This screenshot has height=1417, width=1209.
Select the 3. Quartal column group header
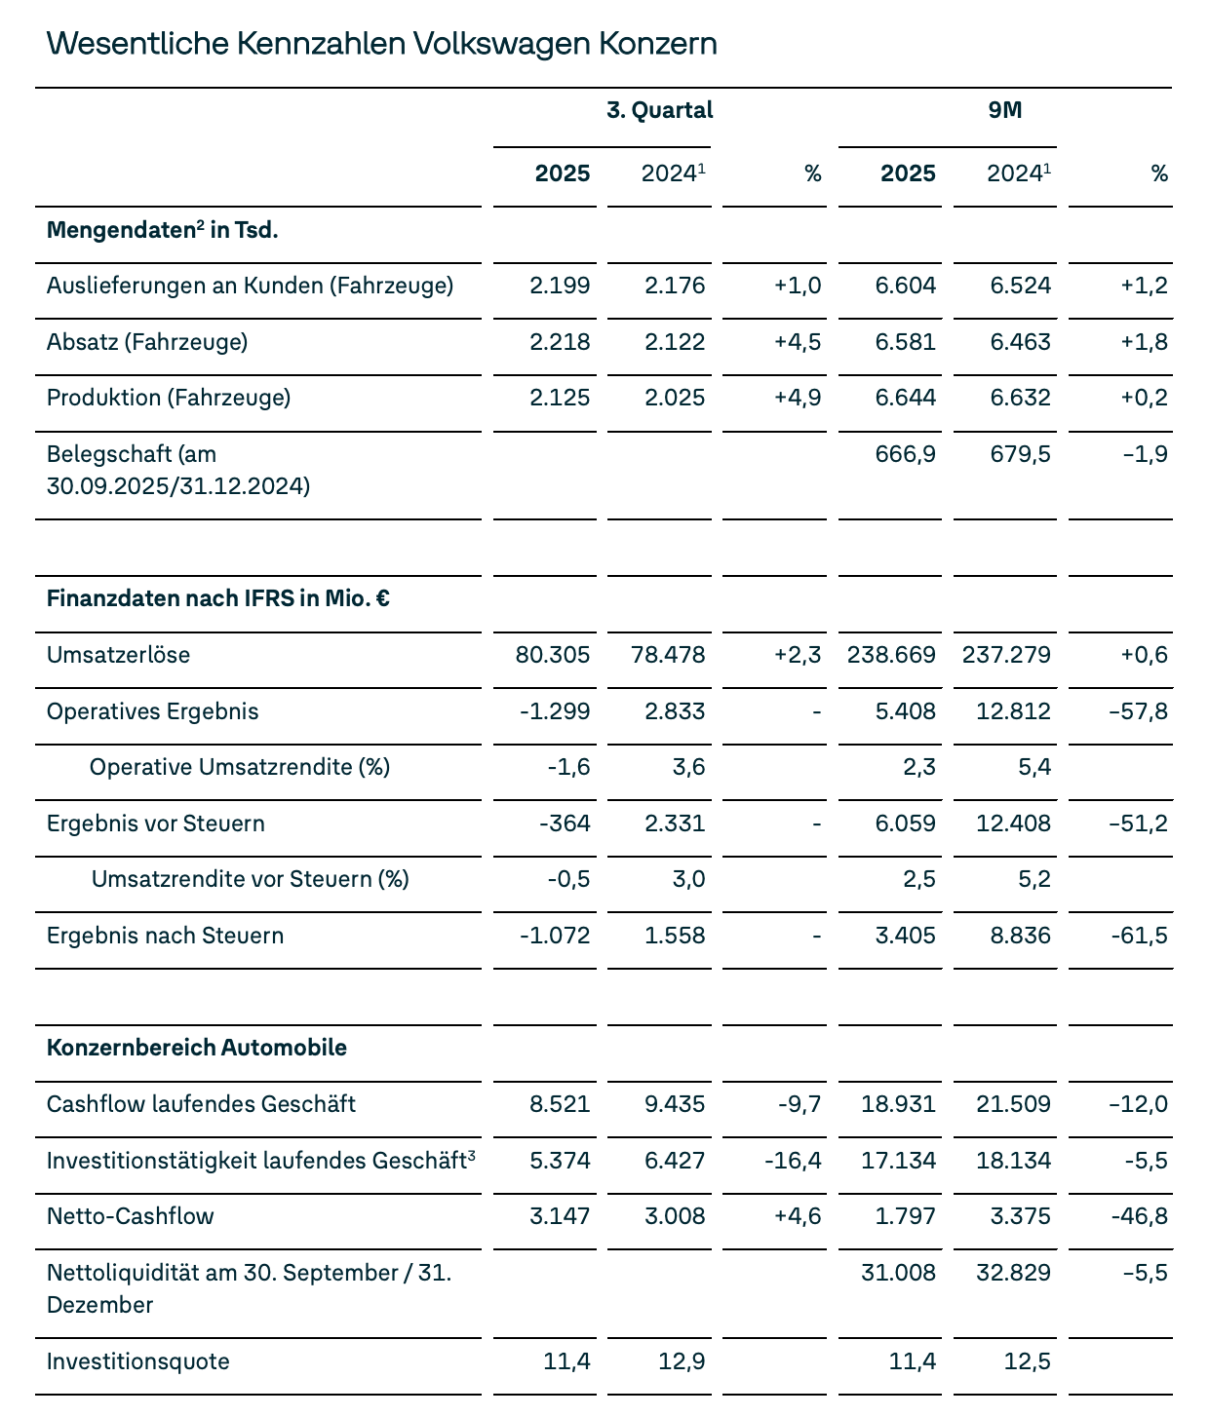pyautogui.click(x=659, y=110)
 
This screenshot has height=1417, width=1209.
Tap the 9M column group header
pyautogui.click(x=1004, y=110)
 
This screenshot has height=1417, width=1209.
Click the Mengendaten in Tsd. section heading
pyautogui.click(x=163, y=231)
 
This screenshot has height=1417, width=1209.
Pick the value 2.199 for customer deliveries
pyautogui.click(x=560, y=286)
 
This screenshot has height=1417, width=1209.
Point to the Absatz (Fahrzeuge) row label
pyautogui.click(x=147, y=342)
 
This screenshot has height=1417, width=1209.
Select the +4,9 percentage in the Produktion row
pyautogui.click(x=798, y=398)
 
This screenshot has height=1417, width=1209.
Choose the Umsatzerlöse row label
pyautogui.click(x=118, y=655)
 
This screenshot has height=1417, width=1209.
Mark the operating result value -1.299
pyautogui.click(x=555, y=711)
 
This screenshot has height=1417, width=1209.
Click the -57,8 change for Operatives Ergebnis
pyautogui.click(x=1138, y=711)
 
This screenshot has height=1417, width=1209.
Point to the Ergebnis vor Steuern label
pyautogui.click(x=156, y=823)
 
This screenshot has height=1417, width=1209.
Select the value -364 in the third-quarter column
pyautogui.click(x=565, y=823)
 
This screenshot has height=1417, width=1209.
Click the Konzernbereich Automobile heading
pyautogui.click(x=197, y=1048)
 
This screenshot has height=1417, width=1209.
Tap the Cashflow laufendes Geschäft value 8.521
pyautogui.click(x=560, y=1104)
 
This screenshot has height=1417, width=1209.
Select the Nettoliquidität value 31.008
pyautogui.click(x=898, y=1273)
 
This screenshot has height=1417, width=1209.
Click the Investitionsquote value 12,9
pyautogui.click(x=682, y=1360)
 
